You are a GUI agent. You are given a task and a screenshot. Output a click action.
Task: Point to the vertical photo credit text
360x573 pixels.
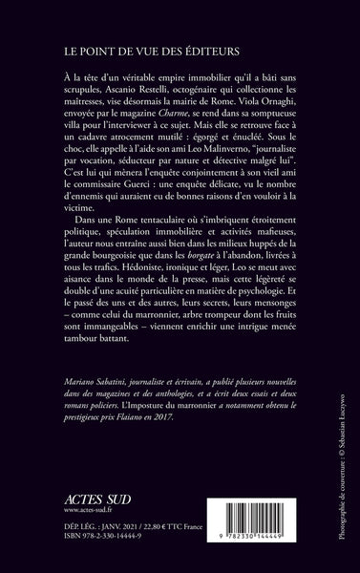[343, 468]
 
